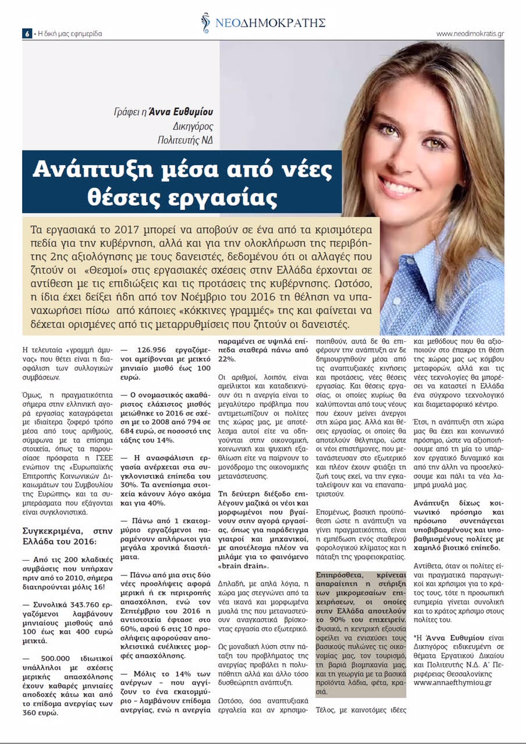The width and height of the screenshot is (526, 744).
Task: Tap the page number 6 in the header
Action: point(27,34)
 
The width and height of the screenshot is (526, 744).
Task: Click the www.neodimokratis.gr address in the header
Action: point(470,34)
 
